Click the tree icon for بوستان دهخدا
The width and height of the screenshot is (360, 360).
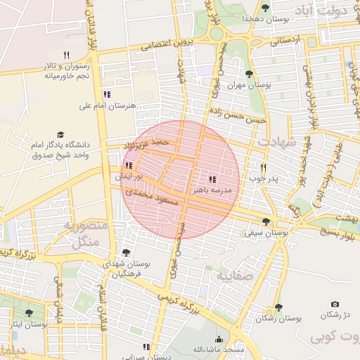pyautogui.click(x=265, y=8)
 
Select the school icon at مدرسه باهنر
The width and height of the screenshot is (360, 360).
pyautogui.click(x=212, y=179)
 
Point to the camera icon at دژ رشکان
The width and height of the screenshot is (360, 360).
pyautogui.click(x=334, y=304)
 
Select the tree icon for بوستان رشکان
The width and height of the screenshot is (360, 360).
pyautogui.click(x=278, y=308)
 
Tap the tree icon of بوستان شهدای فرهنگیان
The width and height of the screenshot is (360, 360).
pyautogui.click(x=126, y=252)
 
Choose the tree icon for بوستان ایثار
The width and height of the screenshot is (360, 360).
pyautogui.click(x=29, y=313)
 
